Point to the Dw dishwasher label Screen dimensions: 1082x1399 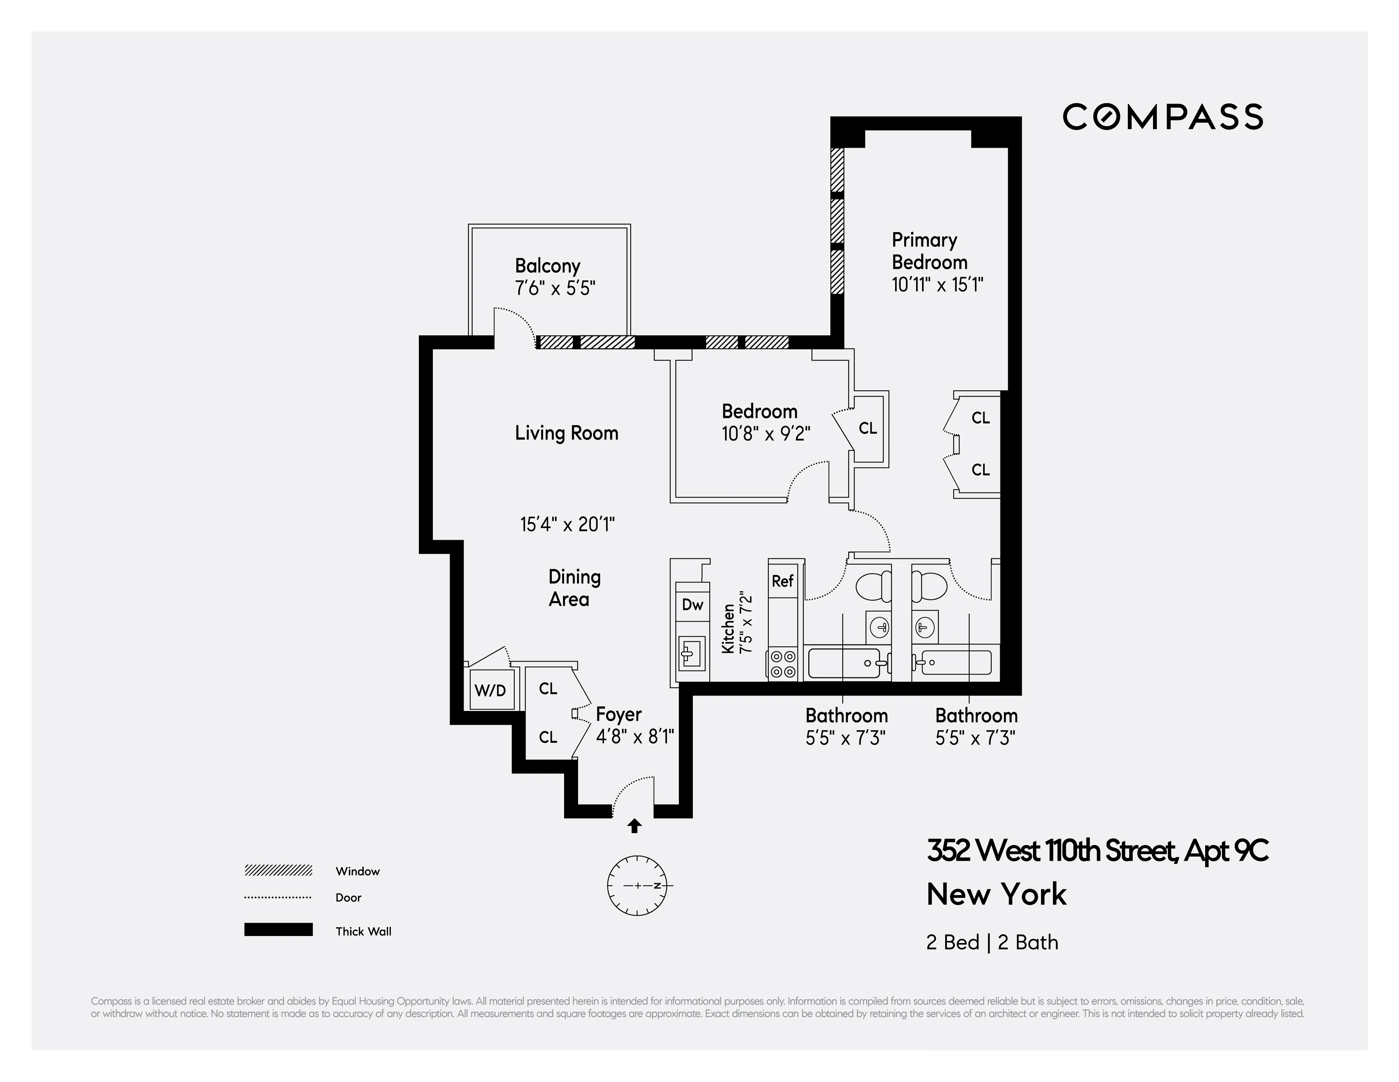693,604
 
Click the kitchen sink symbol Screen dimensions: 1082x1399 692,654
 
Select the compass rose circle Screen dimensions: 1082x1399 637,885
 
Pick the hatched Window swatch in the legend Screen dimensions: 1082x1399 278,871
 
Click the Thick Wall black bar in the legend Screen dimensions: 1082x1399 278,929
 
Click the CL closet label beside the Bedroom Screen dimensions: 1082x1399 867,428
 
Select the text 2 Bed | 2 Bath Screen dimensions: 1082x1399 992,942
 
